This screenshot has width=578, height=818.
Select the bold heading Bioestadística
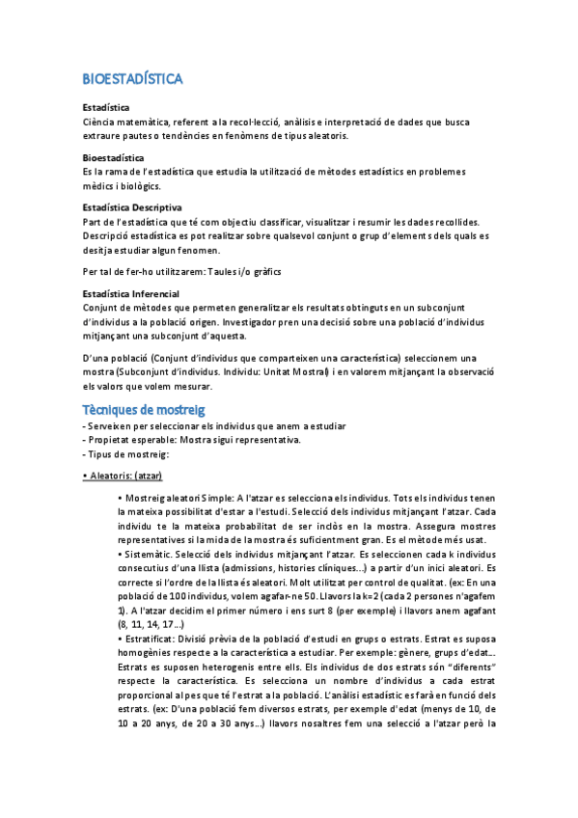[111, 156]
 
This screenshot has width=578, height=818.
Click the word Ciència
[102, 122]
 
